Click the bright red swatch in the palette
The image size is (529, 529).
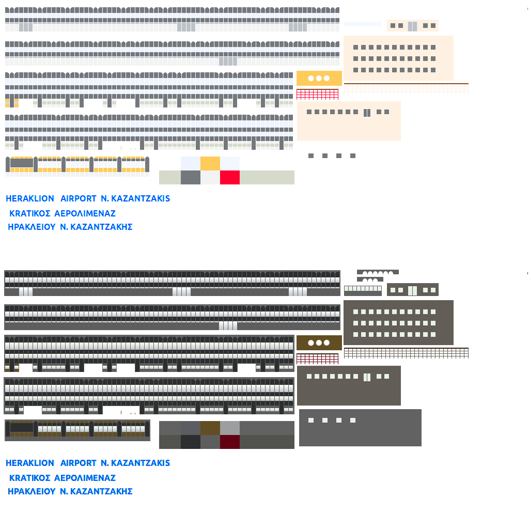(230, 177)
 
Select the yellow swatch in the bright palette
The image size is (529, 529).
(210, 163)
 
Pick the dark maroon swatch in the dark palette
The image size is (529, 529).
(230, 442)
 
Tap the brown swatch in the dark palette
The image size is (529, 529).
(210, 428)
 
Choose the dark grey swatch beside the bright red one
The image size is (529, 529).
(191, 177)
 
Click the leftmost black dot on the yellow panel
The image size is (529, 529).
(311, 79)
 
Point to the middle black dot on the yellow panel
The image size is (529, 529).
(319, 79)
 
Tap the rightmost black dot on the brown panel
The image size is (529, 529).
(326, 343)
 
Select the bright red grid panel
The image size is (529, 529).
(317, 95)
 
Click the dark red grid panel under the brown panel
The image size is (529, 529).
(317, 359)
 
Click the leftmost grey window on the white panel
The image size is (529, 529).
(311, 155)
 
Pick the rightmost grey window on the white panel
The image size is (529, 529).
(353, 155)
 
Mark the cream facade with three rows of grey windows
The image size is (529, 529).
(398, 58)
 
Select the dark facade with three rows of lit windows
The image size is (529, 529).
(398, 322)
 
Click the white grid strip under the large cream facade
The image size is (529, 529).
(406, 89)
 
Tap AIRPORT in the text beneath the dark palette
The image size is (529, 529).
(79, 463)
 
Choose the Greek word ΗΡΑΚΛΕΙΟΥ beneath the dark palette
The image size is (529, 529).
(32, 491)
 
